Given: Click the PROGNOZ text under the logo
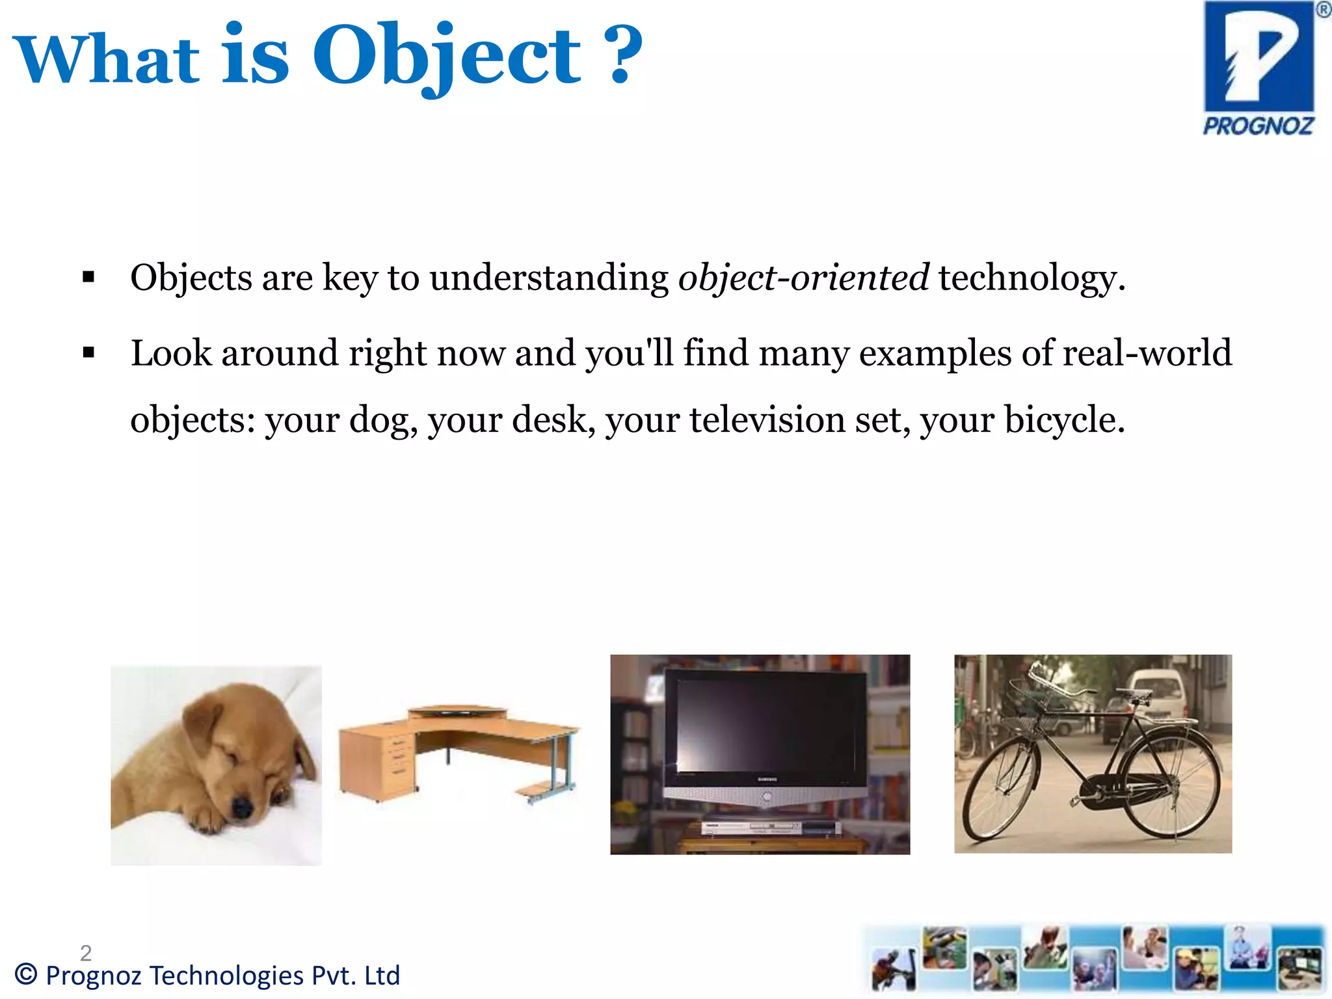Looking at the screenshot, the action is [x=1258, y=126].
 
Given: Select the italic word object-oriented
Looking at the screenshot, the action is [x=803, y=278].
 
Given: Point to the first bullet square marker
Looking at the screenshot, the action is [x=89, y=278].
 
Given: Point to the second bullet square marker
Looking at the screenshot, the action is [x=89, y=353].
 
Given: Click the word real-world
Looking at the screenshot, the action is [x=1147, y=353].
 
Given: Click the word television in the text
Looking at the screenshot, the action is [x=767, y=420].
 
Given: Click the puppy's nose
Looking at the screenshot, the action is [x=242, y=808].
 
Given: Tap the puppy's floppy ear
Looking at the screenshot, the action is [x=195, y=722].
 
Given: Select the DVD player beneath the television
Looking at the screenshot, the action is [x=771, y=827].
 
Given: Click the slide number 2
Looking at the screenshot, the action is [x=86, y=953].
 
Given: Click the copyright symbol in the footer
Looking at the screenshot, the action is [x=26, y=975].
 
